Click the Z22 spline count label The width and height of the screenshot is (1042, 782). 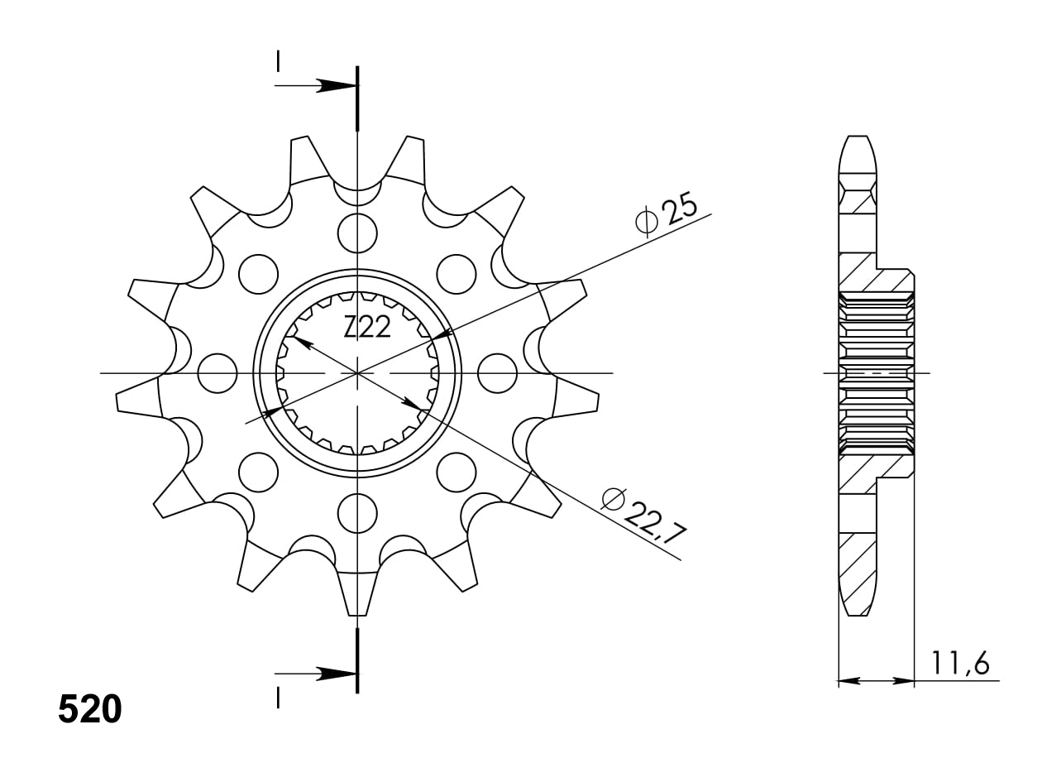click(x=367, y=329)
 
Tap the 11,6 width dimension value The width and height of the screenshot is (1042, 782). click(x=959, y=664)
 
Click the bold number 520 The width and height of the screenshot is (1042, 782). click(x=90, y=709)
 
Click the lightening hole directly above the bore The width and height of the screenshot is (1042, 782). click(x=357, y=233)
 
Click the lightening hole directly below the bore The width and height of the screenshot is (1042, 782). click(x=357, y=513)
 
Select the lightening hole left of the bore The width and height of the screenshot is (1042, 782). click(x=217, y=373)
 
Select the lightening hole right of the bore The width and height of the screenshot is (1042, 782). click(x=497, y=373)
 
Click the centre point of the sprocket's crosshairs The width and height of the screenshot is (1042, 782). click(x=357, y=373)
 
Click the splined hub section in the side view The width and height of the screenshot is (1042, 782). click(x=877, y=373)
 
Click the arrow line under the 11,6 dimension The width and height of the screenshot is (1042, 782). click(x=877, y=681)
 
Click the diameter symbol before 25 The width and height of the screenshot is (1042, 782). click(x=646, y=222)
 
